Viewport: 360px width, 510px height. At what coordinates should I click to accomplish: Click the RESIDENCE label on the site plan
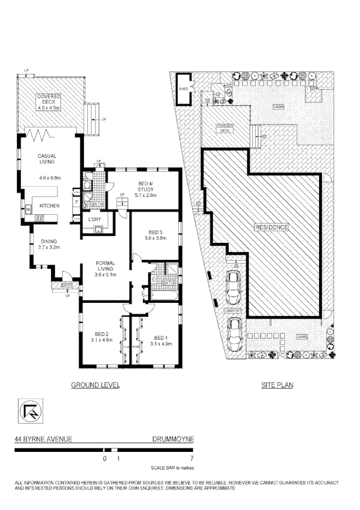pos(271,227)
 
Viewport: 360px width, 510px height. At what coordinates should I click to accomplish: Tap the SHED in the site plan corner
pos(183,88)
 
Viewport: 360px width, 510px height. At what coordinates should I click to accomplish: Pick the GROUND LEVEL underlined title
pos(96,386)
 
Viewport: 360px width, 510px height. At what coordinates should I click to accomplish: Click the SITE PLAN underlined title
pos(277,386)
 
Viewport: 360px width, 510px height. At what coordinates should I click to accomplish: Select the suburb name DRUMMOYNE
pos(173,438)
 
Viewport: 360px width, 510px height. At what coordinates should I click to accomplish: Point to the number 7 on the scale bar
pos(191,457)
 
